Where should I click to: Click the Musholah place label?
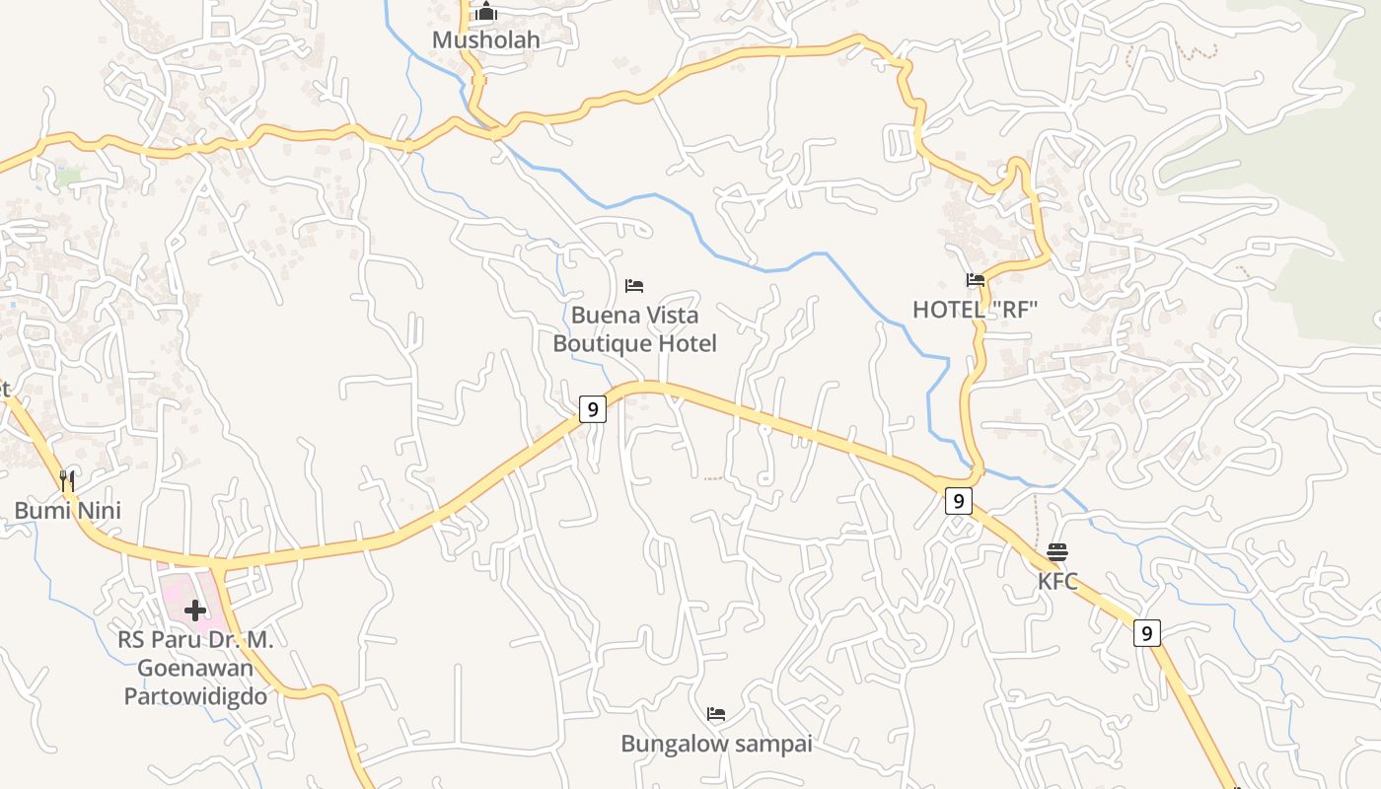coord(486,40)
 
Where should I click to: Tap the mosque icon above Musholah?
coord(486,13)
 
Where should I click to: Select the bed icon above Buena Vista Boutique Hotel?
coord(634,286)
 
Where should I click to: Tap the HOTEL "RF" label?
coord(975,310)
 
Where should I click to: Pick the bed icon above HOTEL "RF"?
coord(976,281)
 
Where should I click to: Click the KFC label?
coord(1057,581)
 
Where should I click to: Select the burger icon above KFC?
coord(1057,552)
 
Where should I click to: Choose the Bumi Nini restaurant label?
coord(67,510)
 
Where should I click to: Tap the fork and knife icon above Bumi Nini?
coord(67,480)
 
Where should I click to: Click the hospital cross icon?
coord(195,610)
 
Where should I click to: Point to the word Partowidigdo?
coord(195,696)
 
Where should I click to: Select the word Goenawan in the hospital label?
coord(195,668)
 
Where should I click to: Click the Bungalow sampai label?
coord(716,744)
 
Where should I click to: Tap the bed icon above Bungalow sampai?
coord(716,714)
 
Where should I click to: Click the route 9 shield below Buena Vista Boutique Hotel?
coord(592,409)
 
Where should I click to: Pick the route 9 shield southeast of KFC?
coord(1145,632)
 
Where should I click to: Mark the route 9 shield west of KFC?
coord(958,501)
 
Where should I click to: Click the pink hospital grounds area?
coord(174,582)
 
